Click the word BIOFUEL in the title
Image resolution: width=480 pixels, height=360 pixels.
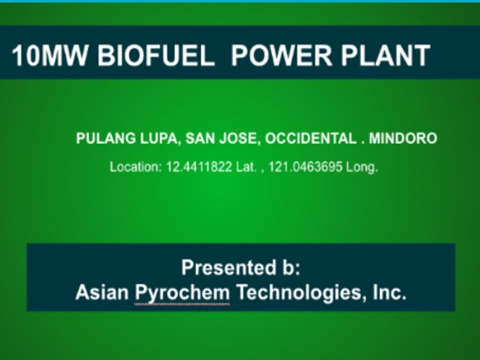pos(155,55)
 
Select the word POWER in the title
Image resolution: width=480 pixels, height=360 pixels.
pos(281,55)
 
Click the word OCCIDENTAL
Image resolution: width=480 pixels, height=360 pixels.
pos(310,138)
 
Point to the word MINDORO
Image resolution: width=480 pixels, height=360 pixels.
pos(403,138)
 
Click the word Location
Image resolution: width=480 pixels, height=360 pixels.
pos(135,167)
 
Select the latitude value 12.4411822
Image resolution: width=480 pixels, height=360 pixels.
pos(199,167)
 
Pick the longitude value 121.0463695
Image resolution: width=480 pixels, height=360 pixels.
pos(305,167)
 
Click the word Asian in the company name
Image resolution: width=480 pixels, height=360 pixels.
pos(102,291)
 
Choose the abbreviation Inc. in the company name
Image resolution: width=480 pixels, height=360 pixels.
pos(389,291)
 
